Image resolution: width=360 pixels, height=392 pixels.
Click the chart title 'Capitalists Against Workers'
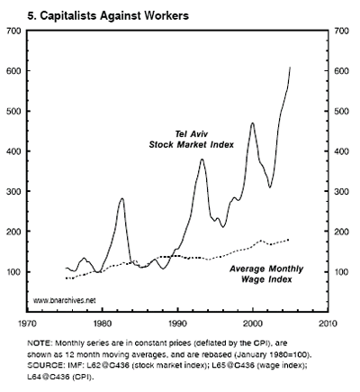tap(114, 15)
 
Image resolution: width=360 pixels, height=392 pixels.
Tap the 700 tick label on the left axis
tap(13, 31)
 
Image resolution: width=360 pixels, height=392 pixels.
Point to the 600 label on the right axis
tap(342, 71)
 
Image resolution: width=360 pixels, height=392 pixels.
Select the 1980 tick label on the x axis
tap(103, 324)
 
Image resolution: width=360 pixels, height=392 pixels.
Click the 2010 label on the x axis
tap(328, 324)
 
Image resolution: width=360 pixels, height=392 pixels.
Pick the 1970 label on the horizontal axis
tap(27, 324)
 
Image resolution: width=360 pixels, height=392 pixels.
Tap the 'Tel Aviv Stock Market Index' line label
tap(192, 139)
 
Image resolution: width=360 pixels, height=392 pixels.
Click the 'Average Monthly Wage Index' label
tap(266, 274)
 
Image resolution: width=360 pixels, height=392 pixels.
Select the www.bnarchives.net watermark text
tap(64, 300)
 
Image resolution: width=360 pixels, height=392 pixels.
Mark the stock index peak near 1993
tap(202, 159)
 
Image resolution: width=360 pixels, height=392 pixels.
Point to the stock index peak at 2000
tap(253, 123)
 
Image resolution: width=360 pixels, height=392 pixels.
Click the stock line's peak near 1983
tap(121, 198)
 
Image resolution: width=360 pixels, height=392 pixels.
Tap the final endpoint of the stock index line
tap(290, 68)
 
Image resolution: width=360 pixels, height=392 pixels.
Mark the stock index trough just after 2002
tap(270, 187)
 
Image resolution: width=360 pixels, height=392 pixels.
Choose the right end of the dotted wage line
tap(288, 240)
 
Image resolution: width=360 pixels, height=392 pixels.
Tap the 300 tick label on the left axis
tap(13, 191)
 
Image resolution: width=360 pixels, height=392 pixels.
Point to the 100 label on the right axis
tap(342, 272)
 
